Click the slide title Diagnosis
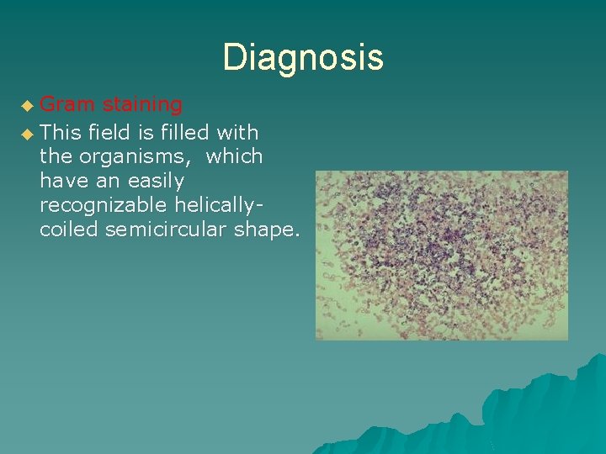[x=303, y=57]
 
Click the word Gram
[x=67, y=105]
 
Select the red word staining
[x=142, y=105]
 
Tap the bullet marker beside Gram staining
[x=29, y=107]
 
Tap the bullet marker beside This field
[x=29, y=133]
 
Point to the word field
[x=109, y=131]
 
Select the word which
[x=234, y=156]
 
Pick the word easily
[x=155, y=181]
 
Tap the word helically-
[x=218, y=206]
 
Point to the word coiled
[x=69, y=230]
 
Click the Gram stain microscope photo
[x=441, y=255]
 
